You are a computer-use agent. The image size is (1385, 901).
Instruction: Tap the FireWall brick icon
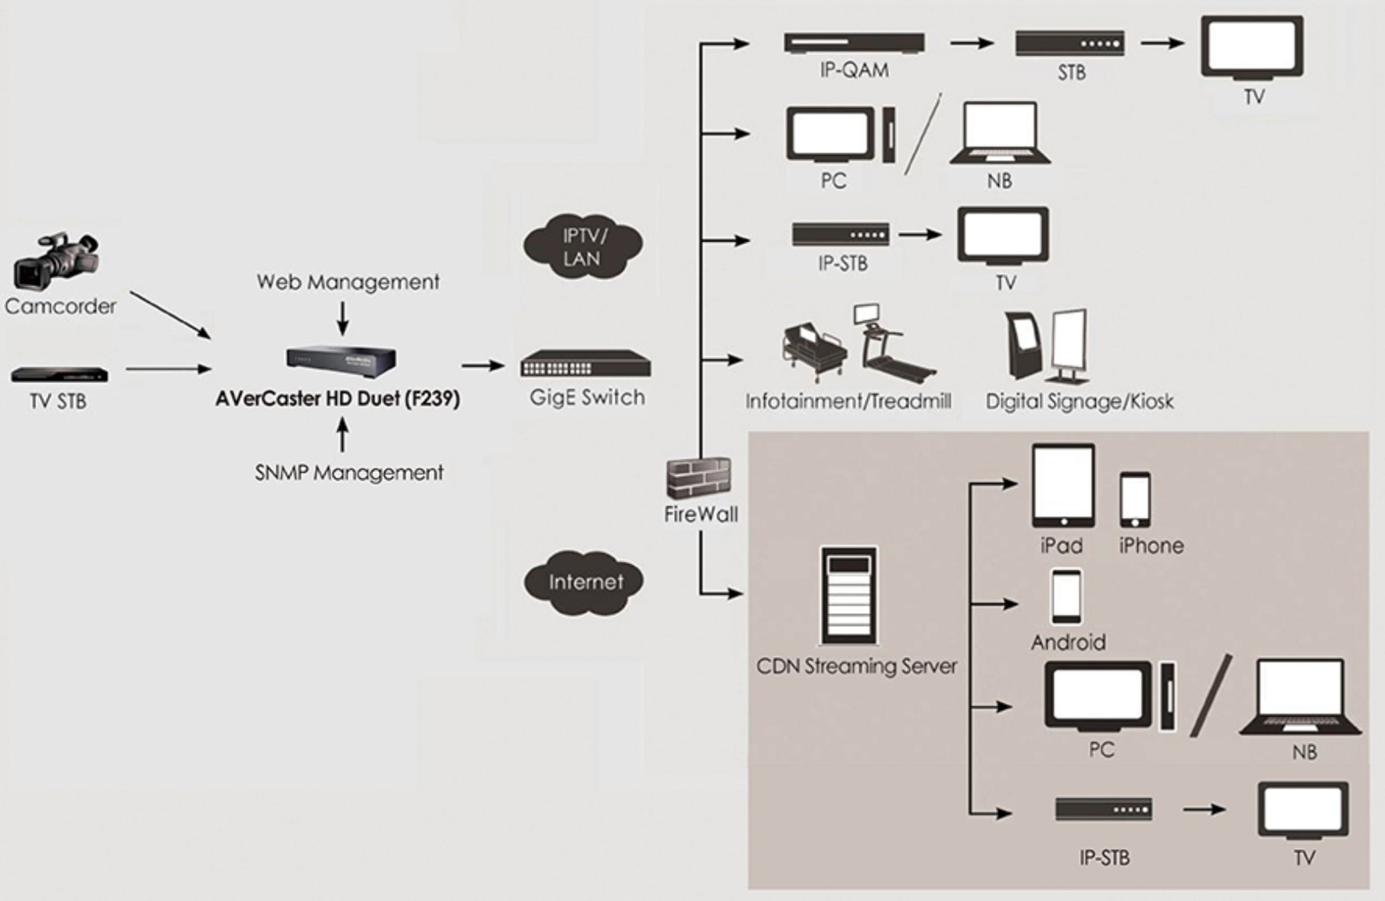tap(699, 478)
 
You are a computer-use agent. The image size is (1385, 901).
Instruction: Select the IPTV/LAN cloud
tap(584, 247)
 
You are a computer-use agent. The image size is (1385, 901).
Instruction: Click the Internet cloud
tap(584, 583)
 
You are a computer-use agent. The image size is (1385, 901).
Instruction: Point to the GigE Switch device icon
tap(585, 363)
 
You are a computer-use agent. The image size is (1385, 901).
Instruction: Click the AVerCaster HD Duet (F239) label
tap(337, 399)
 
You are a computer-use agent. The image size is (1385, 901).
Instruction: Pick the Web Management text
tap(348, 283)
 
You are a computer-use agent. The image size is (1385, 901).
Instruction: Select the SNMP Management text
tap(349, 473)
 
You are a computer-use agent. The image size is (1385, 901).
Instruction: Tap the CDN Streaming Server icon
tap(848, 595)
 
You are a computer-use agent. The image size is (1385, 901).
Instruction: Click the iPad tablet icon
tap(1063, 486)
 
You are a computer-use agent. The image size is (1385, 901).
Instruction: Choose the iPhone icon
tap(1135, 499)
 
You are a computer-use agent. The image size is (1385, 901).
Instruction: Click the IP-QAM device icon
tap(854, 43)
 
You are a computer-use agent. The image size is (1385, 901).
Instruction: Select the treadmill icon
tap(893, 346)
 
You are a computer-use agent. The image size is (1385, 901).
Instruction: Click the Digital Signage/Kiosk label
tap(1079, 402)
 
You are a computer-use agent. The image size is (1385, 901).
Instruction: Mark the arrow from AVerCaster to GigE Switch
tap(483, 365)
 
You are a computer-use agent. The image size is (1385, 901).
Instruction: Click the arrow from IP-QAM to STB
tap(971, 43)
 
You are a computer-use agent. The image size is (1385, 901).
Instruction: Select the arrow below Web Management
tap(343, 318)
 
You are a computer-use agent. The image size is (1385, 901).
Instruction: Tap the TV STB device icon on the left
tap(60, 374)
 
